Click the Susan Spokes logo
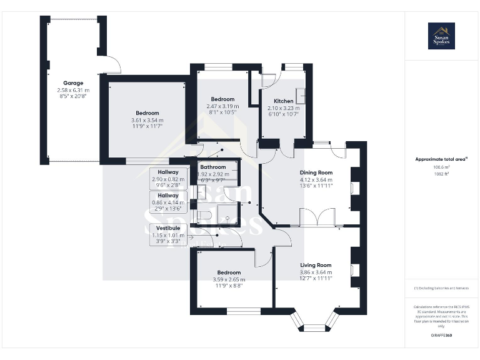(x=441, y=36)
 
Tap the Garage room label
(x=73, y=83)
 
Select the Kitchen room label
(x=284, y=101)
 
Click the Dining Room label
(x=316, y=172)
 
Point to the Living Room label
(x=316, y=265)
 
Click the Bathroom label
(x=213, y=167)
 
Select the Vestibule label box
(x=169, y=234)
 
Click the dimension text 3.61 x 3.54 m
(x=147, y=120)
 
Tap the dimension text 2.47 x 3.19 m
(x=222, y=106)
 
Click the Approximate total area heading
(x=441, y=159)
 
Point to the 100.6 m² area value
(x=441, y=167)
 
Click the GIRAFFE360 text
(x=441, y=336)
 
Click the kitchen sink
(x=300, y=96)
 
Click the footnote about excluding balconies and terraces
(x=441, y=287)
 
